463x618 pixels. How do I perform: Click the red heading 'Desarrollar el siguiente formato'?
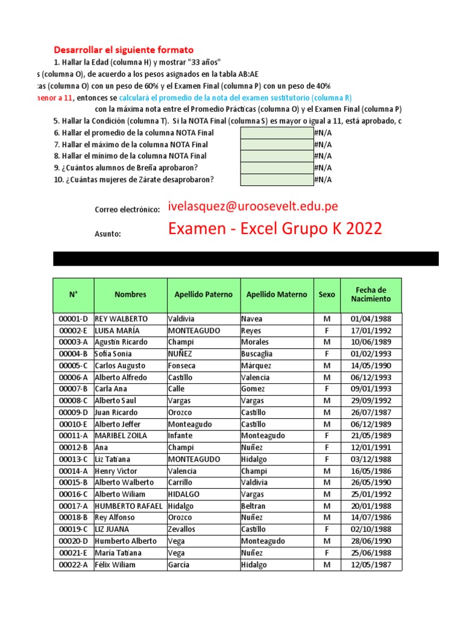pyautogui.click(x=124, y=49)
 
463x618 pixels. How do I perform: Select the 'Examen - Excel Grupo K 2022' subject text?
pyautogui.click(x=275, y=229)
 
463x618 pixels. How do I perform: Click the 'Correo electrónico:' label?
pyautogui.click(x=127, y=209)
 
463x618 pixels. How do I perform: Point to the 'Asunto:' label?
pyautogui.click(x=108, y=234)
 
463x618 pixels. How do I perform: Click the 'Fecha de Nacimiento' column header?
pyautogui.click(x=371, y=295)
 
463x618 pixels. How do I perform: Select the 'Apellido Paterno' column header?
pyautogui.click(x=203, y=295)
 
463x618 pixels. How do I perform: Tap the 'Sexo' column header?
pyautogui.click(x=327, y=295)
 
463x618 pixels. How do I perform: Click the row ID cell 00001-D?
pyautogui.click(x=73, y=319)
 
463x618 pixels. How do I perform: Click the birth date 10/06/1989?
pyautogui.click(x=371, y=342)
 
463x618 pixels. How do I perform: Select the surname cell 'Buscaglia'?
pyautogui.click(x=257, y=354)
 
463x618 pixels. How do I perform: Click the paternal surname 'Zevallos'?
pyautogui.click(x=182, y=529)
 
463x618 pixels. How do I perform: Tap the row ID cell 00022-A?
pyautogui.click(x=73, y=565)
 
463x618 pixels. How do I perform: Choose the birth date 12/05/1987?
pyautogui.click(x=371, y=565)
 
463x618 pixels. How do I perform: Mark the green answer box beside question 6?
pyautogui.click(x=277, y=133)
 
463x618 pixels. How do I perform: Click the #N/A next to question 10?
pyautogui.click(x=323, y=180)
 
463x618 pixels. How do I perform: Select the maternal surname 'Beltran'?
pyautogui.click(x=254, y=506)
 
